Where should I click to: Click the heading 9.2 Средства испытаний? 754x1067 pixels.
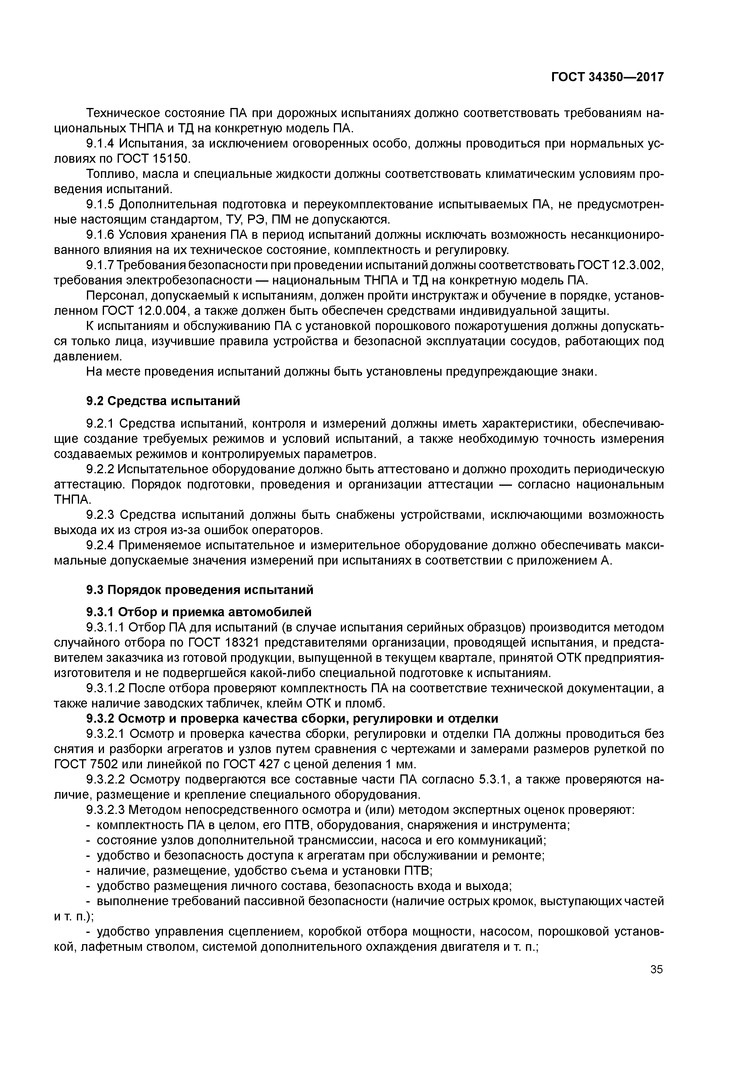(163, 401)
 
